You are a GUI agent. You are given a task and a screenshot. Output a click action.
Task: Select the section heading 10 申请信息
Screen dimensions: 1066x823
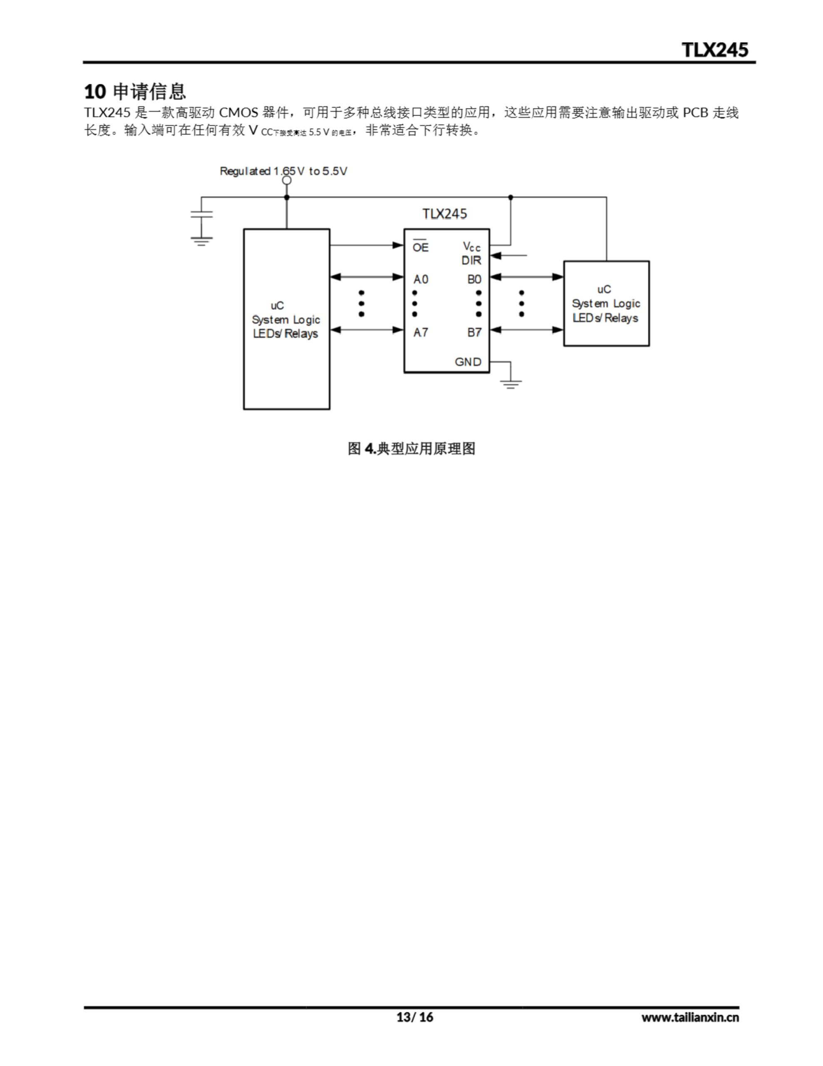click(x=135, y=91)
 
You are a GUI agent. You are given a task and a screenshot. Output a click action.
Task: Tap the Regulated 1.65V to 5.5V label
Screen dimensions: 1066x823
click(x=283, y=171)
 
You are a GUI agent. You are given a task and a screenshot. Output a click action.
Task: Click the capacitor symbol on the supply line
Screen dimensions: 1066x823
click(x=201, y=214)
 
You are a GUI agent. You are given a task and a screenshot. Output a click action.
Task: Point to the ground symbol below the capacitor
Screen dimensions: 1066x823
click(x=201, y=241)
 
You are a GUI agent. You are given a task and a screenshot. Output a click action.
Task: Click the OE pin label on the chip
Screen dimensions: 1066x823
click(x=420, y=247)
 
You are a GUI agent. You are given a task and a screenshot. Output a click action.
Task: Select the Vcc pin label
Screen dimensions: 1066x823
click(x=471, y=247)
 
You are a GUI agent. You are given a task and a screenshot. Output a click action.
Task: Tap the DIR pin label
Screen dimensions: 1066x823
click(x=471, y=261)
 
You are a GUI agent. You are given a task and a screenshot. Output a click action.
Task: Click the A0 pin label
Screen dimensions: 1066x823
click(x=421, y=279)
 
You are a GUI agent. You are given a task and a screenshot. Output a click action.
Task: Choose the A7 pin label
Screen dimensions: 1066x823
click(x=421, y=332)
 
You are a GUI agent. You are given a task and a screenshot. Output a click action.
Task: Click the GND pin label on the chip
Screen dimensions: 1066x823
click(x=468, y=362)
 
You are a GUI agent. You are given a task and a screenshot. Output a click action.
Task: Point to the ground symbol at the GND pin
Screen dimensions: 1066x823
click(x=511, y=384)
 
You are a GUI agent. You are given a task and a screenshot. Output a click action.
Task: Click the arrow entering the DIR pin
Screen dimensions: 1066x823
click(x=507, y=255)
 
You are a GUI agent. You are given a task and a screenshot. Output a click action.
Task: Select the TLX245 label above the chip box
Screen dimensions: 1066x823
click(x=444, y=214)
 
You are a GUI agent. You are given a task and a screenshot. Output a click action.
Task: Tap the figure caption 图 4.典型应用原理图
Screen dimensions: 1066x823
click(x=411, y=448)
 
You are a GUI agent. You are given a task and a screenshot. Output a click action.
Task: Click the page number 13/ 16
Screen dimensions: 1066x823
click(x=415, y=1017)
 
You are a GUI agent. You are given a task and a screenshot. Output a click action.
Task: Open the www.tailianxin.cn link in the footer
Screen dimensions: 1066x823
click(x=690, y=1017)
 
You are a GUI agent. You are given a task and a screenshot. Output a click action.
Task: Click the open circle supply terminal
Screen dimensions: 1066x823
click(x=287, y=181)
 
